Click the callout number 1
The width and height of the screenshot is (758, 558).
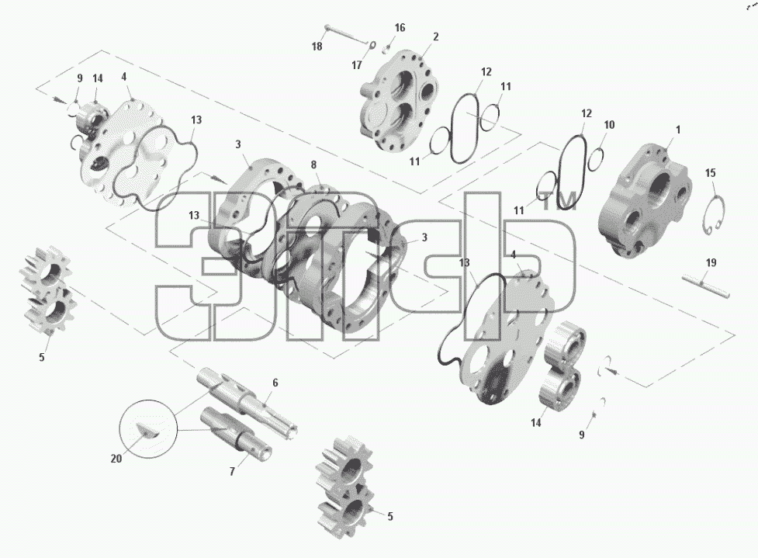click(x=678, y=130)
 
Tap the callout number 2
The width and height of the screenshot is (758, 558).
click(x=435, y=36)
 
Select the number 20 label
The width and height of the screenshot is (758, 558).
click(x=116, y=459)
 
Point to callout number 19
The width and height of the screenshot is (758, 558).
click(x=711, y=263)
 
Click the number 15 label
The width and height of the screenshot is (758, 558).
click(x=710, y=173)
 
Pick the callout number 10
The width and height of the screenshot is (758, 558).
click(x=609, y=125)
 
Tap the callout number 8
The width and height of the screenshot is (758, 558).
click(x=313, y=165)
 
